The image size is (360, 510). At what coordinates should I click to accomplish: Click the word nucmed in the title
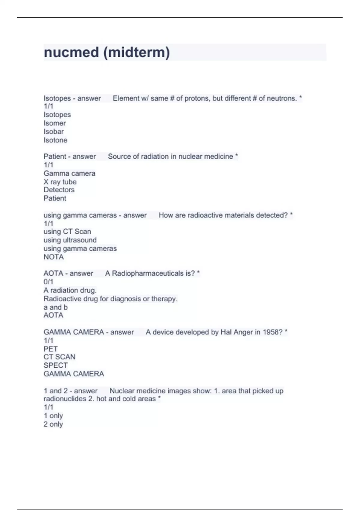[71, 52]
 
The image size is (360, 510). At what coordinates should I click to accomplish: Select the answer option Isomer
[55, 123]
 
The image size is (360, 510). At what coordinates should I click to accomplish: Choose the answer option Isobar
[54, 131]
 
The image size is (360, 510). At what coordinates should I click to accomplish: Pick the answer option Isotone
[55, 140]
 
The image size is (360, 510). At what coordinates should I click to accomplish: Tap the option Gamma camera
[69, 173]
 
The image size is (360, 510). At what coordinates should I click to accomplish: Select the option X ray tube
[60, 182]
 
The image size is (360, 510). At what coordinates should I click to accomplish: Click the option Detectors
[59, 190]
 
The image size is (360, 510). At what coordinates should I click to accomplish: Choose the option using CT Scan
[67, 232]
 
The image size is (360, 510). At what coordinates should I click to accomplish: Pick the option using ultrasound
[70, 240]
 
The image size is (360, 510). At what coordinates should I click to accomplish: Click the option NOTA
[54, 257]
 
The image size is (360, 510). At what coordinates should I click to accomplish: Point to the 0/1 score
[48, 282]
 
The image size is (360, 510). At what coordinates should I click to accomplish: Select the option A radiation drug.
[70, 290]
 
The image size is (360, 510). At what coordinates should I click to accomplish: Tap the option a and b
[55, 307]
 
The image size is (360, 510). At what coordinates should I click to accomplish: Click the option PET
[50, 349]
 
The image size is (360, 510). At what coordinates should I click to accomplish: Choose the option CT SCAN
[59, 357]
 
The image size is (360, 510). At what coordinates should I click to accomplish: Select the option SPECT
[55, 365]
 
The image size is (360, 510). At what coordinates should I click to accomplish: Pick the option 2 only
[53, 424]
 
